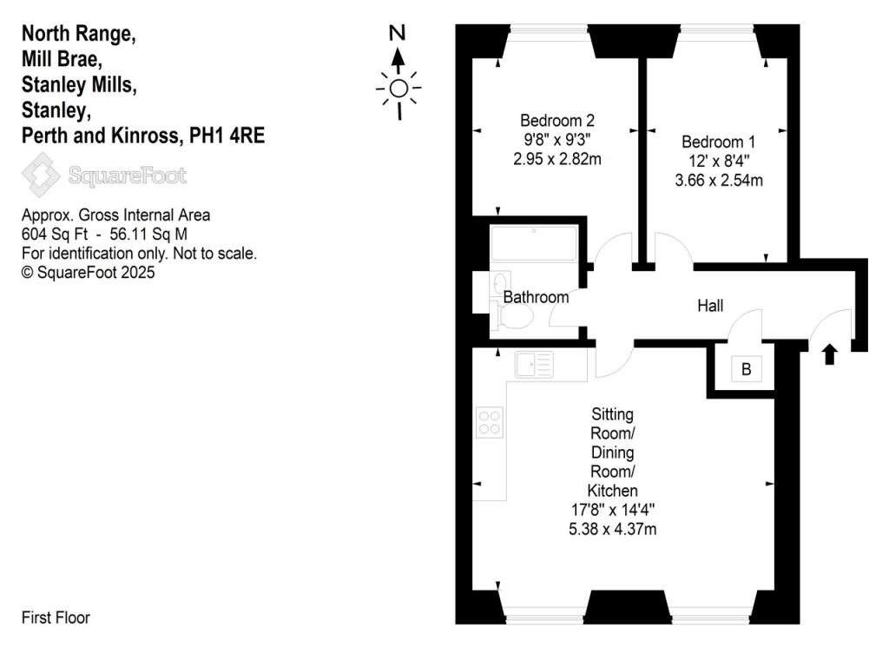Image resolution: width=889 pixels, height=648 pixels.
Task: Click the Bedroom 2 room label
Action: (556, 120)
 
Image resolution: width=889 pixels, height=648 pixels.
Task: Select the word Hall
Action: (710, 306)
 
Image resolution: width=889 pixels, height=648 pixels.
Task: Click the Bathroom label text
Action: (537, 297)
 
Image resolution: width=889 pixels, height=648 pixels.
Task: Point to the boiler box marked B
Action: (745, 370)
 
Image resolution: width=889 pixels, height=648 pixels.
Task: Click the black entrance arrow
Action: (829, 354)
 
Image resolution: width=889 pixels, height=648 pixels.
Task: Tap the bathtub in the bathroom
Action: (533, 243)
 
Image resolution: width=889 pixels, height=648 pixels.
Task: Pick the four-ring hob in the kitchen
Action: (489, 422)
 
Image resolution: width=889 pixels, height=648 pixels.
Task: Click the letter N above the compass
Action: (398, 34)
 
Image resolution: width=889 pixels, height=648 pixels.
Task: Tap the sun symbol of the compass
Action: (398, 88)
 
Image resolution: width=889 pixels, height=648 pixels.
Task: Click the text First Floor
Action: (56, 618)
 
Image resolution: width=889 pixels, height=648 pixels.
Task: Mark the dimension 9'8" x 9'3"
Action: (556, 139)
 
